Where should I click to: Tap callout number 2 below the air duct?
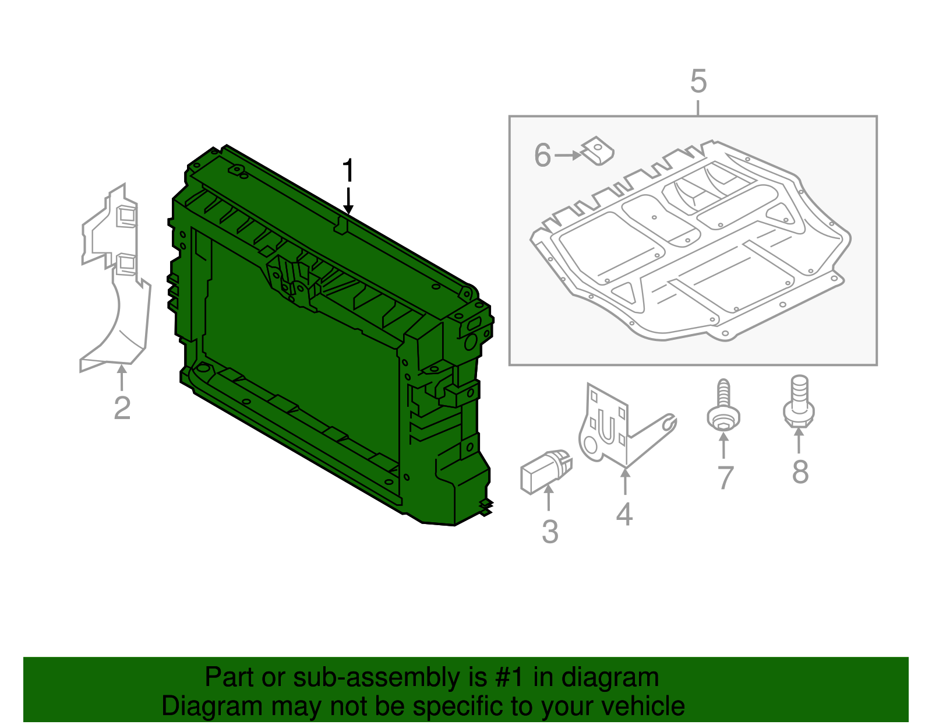[122, 407]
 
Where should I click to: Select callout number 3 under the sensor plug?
[550, 532]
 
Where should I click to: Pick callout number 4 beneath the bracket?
[624, 514]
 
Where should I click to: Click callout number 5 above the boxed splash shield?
[698, 82]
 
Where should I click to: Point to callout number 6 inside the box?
[542, 156]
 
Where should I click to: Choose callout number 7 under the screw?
[725, 478]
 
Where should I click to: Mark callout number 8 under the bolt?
[800, 472]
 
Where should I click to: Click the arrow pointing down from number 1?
[348, 201]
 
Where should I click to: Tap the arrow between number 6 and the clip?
[568, 156]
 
